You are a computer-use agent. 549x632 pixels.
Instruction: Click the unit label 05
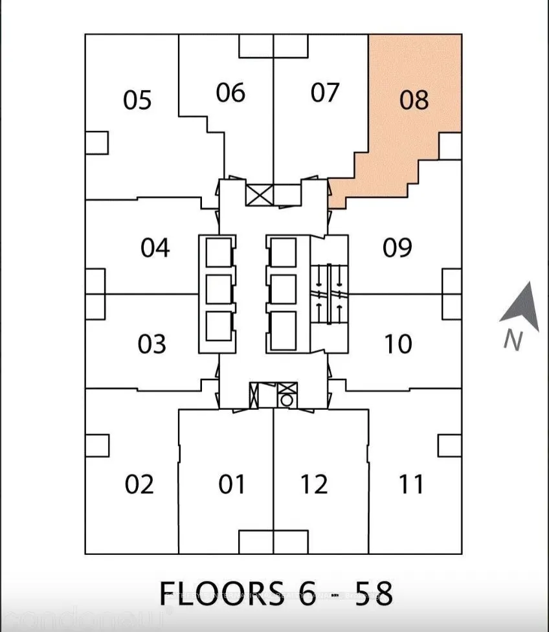pos(137,100)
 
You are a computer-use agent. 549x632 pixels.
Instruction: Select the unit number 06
pos(230,93)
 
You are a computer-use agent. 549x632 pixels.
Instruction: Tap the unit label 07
pos(324,93)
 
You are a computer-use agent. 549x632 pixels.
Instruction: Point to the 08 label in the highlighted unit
pos(414,100)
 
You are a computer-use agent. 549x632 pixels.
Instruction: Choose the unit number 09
pos(397,247)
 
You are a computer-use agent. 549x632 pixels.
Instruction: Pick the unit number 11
pos(411,484)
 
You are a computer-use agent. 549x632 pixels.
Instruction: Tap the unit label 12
pos(314,484)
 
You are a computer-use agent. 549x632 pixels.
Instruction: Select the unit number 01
pos(231,484)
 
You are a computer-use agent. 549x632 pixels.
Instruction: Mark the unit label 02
pos(139,484)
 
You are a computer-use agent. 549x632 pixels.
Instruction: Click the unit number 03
pos(152,344)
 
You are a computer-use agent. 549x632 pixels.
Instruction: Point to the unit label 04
pos(155,247)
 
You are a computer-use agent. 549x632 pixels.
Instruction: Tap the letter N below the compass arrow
pos(513,341)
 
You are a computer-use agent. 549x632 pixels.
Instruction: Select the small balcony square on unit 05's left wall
pos(96,142)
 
